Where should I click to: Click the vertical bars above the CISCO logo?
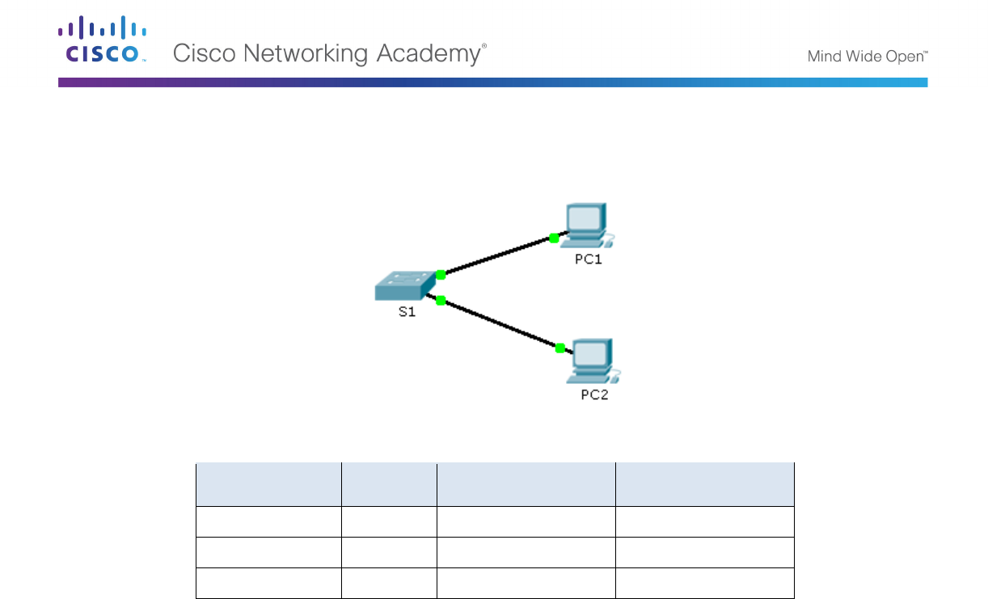click(101, 28)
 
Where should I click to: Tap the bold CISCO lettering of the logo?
click(101, 54)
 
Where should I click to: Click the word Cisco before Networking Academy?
click(204, 53)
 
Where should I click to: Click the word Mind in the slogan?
click(825, 57)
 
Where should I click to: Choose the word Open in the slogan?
click(904, 57)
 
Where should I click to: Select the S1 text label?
click(407, 312)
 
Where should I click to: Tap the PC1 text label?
click(588, 259)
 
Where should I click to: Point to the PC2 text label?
click(594, 395)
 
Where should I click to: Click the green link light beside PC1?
click(554, 238)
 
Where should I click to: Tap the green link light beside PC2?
click(559, 348)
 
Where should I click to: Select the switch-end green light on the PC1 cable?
click(441, 275)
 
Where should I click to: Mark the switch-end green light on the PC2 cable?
click(441, 301)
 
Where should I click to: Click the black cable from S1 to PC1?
click(497, 256)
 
